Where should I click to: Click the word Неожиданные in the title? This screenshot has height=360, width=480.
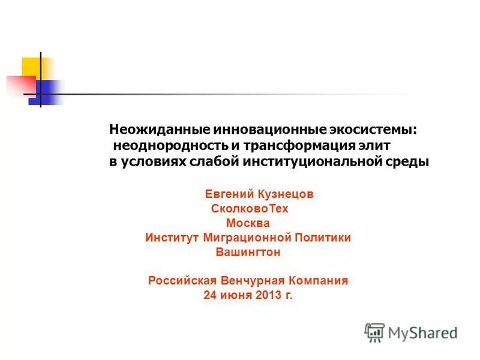148,130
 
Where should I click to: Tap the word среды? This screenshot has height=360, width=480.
409,162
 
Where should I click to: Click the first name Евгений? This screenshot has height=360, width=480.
230,194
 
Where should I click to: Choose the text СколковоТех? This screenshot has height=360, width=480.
250,209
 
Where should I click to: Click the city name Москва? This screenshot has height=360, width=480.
250,223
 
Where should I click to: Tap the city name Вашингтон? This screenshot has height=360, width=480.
248,252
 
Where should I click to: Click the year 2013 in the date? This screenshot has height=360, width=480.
269,295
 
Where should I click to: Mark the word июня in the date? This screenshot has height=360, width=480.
236,295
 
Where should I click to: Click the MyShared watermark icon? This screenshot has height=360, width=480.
374,332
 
